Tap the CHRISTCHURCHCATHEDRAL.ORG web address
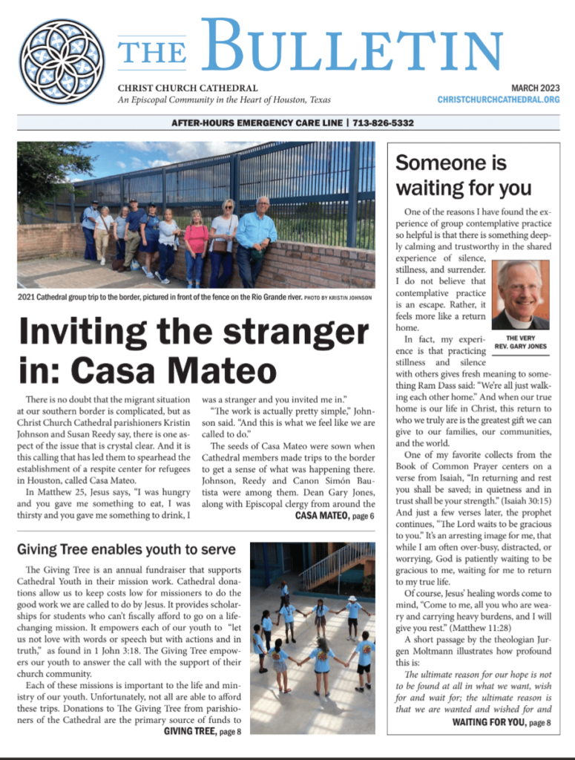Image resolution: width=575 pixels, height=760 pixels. [x=498, y=99]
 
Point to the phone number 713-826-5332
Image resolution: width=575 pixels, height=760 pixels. [x=383, y=123]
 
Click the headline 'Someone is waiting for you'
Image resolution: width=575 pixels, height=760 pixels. [x=463, y=174]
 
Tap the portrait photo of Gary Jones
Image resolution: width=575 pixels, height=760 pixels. [x=520, y=295]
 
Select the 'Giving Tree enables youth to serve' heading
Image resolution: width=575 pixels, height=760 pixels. [x=127, y=550]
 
